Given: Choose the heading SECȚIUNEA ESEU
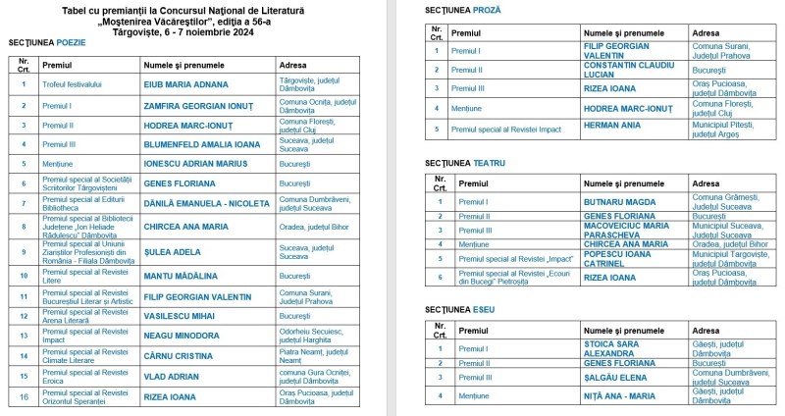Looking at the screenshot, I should coord(459,310).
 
